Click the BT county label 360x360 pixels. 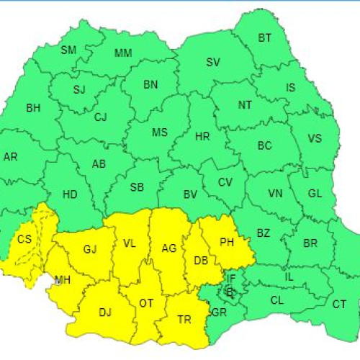click(265, 37)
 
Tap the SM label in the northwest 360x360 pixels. click(68, 50)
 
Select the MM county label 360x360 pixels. click(123, 53)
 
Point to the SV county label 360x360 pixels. click(213, 63)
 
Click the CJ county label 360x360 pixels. click(101, 117)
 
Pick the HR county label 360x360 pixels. click(202, 135)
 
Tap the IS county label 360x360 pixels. click(291, 88)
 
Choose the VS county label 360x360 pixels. click(315, 139)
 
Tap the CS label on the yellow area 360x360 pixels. click(24, 240)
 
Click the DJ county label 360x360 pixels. click(105, 312)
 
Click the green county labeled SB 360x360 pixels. click(137, 187)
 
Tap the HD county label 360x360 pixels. click(70, 194)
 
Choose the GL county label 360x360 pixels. click(315, 194)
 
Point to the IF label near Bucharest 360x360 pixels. click(230, 278)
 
